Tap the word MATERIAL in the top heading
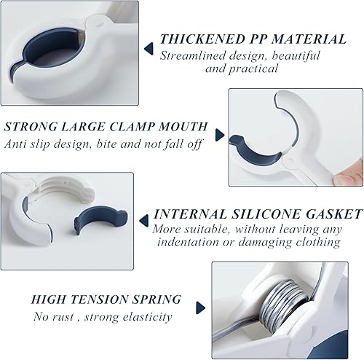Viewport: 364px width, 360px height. pos(309,39)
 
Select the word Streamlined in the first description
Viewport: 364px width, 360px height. pos(192,55)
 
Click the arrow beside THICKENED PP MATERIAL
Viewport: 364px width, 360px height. pos(149,49)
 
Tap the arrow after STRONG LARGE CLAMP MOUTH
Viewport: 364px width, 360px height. pos(220,135)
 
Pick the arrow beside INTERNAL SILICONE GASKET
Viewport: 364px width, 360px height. pos(144,221)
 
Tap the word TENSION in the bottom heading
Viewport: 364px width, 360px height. pos(99,299)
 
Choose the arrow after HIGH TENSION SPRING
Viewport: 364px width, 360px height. pos(201,308)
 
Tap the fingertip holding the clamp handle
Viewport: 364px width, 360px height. pos(349,177)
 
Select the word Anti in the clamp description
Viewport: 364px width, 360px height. pos(16,144)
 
